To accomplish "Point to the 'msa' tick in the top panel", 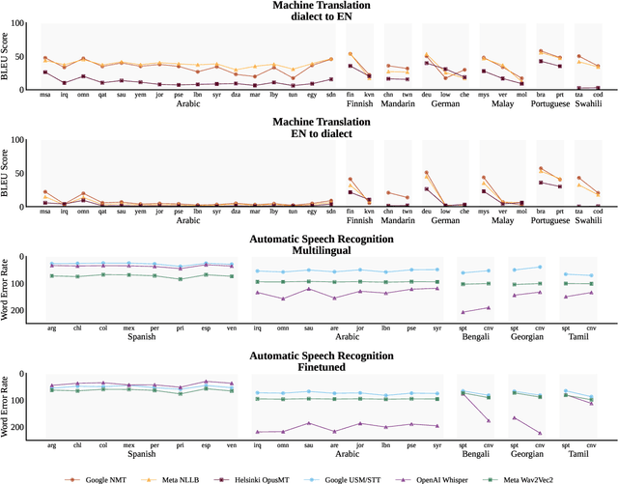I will point(44,95).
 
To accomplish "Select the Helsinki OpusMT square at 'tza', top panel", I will point(577,88).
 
